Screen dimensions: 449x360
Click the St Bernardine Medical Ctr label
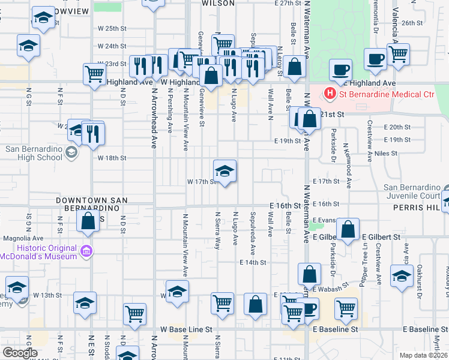387,94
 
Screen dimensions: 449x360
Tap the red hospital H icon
330,94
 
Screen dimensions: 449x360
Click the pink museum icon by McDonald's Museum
87,250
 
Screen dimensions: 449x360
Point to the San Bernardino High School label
34,153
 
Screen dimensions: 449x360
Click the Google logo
20,353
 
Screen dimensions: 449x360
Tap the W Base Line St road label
187,329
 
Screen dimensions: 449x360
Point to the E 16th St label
285,205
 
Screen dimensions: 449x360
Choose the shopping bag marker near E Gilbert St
348,229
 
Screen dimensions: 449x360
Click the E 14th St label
252,263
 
